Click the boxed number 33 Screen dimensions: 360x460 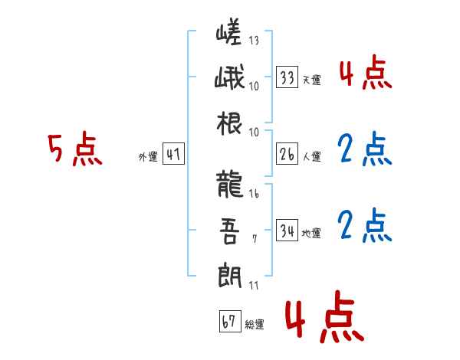[x=287, y=77]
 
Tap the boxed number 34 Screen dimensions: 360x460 [x=287, y=231]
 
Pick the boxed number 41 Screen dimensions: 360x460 [x=173, y=155]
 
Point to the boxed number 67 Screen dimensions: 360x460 [x=228, y=322]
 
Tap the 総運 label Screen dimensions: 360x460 [x=254, y=325]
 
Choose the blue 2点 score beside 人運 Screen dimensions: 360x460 [x=364, y=150]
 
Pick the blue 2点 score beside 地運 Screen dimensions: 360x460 [x=364, y=225]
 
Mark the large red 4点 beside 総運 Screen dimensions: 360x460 [x=323, y=319]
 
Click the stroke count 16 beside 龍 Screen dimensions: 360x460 [x=254, y=195]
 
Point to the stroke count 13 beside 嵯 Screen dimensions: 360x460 [x=254, y=41]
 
